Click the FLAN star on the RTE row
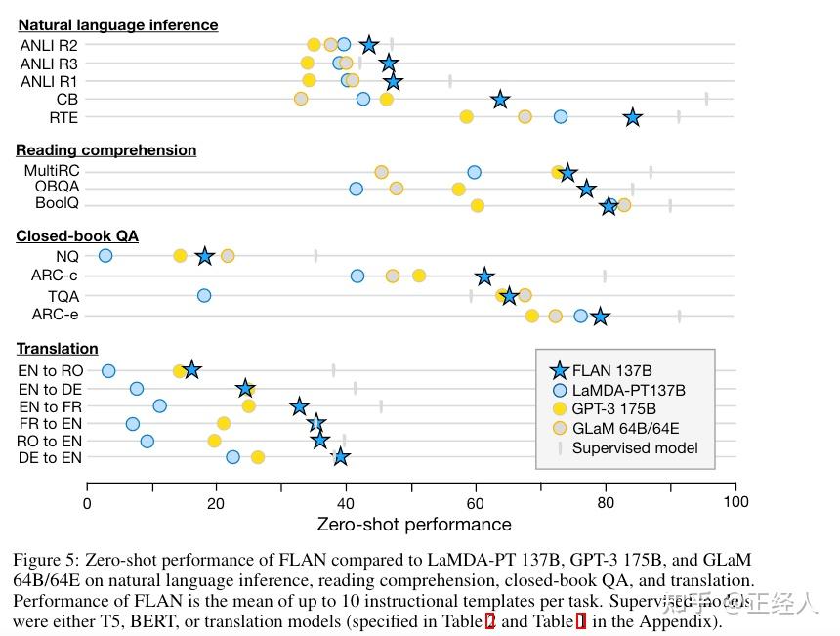click(633, 117)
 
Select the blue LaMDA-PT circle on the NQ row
click(105, 256)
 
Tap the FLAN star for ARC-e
click(601, 317)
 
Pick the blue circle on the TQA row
click(204, 295)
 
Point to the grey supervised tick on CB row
click(706, 99)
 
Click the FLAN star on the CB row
click(500, 100)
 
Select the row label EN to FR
click(51, 406)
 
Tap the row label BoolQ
click(58, 204)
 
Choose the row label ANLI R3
click(49, 64)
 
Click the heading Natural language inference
click(118, 24)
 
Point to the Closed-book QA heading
click(77, 235)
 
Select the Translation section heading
click(58, 348)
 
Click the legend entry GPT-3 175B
click(614, 409)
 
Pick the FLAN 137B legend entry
click(610, 371)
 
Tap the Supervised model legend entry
click(636, 448)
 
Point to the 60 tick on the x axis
click(476, 502)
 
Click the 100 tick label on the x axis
click(735, 502)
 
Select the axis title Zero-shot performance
click(414, 525)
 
